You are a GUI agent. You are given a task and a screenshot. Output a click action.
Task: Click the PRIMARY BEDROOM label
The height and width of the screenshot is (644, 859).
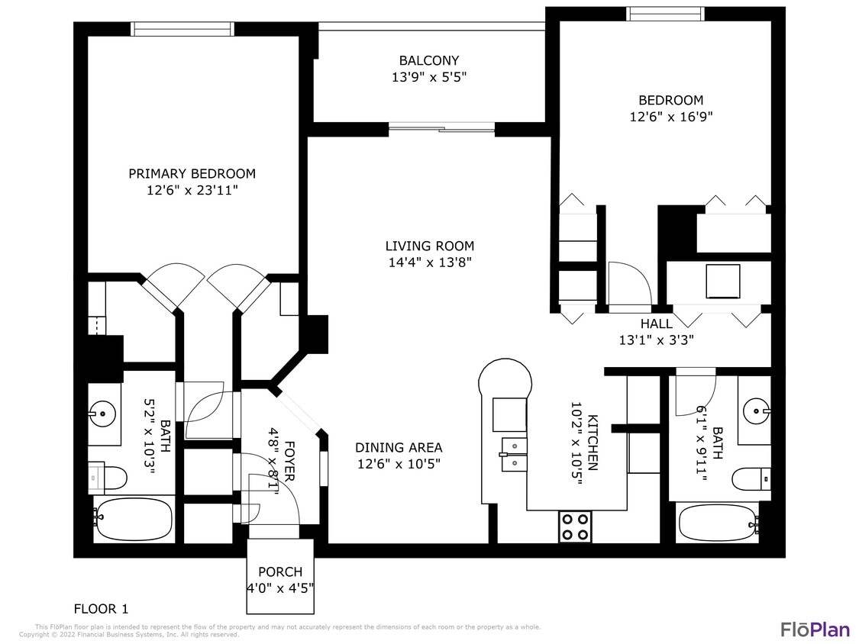pos(192,174)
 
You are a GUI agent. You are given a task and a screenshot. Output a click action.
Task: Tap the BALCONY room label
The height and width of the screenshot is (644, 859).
pos(429,60)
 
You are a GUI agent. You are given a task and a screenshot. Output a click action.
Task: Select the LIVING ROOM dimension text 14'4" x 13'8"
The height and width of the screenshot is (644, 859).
pos(429,262)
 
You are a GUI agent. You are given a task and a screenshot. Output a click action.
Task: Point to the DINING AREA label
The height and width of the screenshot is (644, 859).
pos(399,448)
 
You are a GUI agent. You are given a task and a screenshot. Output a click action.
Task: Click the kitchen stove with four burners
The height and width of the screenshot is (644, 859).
pos(576,525)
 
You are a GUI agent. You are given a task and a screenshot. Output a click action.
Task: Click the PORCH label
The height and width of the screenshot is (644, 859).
pos(279,572)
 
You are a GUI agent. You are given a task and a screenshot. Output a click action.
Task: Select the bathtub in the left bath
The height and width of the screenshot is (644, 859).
pos(133,520)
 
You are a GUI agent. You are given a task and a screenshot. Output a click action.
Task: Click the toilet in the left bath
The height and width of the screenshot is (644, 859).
pos(108,478)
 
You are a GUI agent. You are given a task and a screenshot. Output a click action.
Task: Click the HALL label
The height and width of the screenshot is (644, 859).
pos(656,324)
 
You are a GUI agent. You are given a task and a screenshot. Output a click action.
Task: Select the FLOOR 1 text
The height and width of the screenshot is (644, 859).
pos(101,609)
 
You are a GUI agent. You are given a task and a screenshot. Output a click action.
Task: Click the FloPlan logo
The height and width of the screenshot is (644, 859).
pos(814,630)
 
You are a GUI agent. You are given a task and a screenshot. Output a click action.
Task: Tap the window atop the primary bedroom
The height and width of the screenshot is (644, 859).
pos(182,29)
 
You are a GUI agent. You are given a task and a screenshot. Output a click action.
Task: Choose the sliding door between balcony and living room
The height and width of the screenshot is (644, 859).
pos(441,128)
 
